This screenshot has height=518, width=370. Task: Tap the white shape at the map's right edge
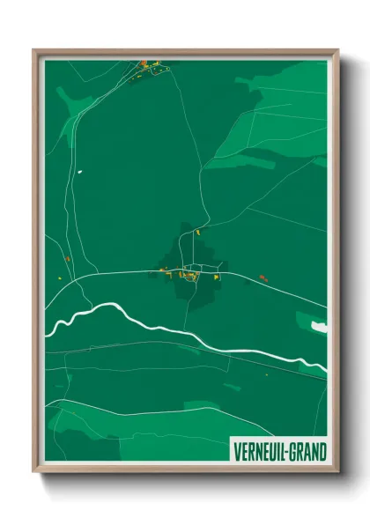[x=319, y=327]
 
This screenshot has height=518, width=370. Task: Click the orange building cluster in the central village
[x=190, y=276]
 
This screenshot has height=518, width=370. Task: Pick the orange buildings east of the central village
[x=263, y=278]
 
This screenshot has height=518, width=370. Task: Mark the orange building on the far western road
[x=67, y=259]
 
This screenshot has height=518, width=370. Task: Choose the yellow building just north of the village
[x=197, y=231]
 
